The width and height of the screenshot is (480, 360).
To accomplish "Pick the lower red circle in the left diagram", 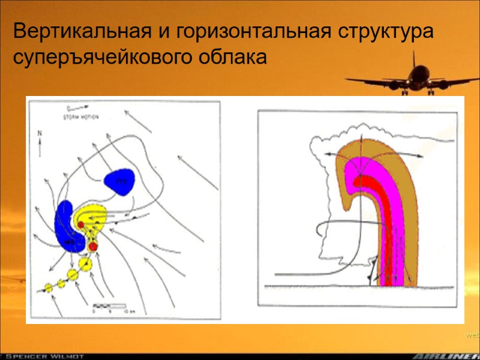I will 93,246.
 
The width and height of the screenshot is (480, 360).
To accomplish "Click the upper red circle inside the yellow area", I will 81,224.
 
